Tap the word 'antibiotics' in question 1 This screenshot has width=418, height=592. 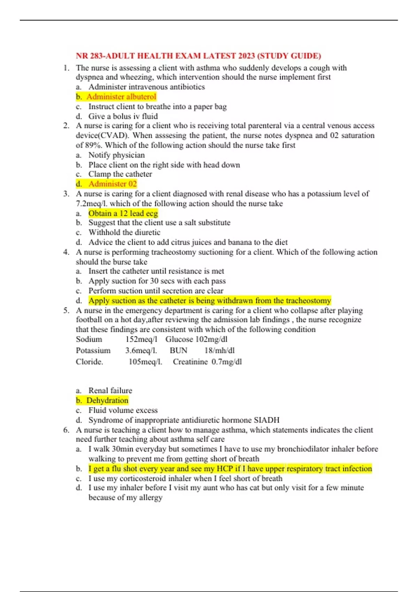point(187,87)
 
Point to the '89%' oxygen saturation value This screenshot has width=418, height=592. point(93,145)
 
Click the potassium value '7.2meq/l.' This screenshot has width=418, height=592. point(92,203)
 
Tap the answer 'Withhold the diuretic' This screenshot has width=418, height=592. point(124,232)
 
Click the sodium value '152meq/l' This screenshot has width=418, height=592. point(141,339)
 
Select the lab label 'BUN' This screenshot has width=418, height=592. point(178,350)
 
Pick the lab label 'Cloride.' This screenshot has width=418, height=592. point(90,362)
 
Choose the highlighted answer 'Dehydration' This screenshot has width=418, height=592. point(107,400)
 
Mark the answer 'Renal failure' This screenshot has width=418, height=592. point(110,391)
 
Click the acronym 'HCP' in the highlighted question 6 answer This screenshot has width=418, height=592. point(224,469)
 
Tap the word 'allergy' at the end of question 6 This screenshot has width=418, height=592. point(150,498)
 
